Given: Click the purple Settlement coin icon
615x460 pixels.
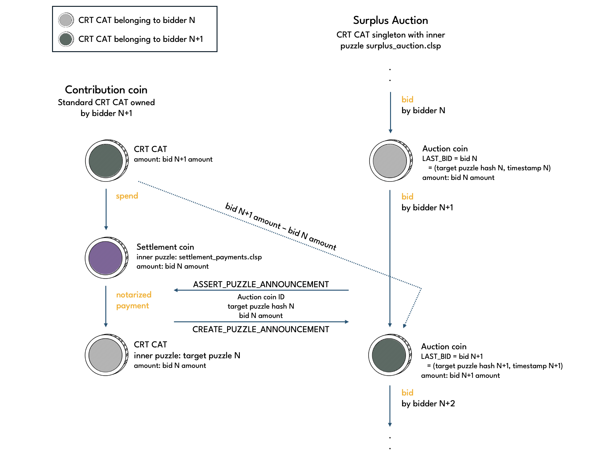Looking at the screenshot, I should [106, 258].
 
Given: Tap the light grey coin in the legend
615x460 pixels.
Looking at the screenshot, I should [66, 20].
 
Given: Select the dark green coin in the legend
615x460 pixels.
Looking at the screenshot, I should [66, 39].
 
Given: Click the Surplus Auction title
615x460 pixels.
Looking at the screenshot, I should [390, 20].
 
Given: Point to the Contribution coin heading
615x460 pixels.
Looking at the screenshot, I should [106, 90].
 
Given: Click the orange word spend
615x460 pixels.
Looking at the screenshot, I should [127, 196].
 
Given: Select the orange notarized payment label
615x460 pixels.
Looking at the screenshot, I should [134, 300].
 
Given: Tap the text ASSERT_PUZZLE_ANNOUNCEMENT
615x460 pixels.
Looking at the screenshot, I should [261, 284].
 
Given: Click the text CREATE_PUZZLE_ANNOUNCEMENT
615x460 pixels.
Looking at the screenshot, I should [261, 329].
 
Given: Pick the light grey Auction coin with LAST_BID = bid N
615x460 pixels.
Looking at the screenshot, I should [390, 161].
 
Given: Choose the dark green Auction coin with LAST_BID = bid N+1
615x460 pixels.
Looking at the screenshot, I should [389, 355].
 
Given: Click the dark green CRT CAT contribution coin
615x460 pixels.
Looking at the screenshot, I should [106, 161].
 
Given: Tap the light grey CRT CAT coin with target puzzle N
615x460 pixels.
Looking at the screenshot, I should [106, 355].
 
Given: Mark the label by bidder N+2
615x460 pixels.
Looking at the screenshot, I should [428, 404].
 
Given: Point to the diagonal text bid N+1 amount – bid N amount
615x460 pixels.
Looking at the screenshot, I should [281, 226].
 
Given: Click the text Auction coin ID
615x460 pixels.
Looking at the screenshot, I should [261, 297].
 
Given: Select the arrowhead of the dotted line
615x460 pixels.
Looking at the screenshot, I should [404, 326].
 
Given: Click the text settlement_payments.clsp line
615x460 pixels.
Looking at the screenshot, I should [199, 257].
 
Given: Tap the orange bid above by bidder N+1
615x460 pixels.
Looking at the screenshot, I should [407, 197].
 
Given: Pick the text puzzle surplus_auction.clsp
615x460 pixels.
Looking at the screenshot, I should [390, 46].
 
